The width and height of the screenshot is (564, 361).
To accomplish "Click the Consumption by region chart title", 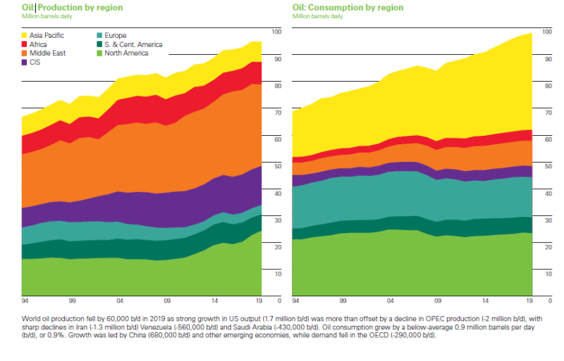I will pyautogui.click(x=348, y=7).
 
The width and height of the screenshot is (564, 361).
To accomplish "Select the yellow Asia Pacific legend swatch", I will pyautogui.click(x=26, y=34).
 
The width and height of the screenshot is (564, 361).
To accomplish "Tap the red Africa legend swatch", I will pyautogui.click(x=26, y=44).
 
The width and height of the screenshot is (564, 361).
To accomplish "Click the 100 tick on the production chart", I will pyautogui.click(x=276, y=32).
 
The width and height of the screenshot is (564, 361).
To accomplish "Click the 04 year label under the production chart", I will pyautogui.click(x=120, y=299).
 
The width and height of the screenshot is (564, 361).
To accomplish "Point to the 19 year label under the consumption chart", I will pyautogui.click(x=530, y=299).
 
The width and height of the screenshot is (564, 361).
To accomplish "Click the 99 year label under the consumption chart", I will pyautogui.click(x=343, y=299).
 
